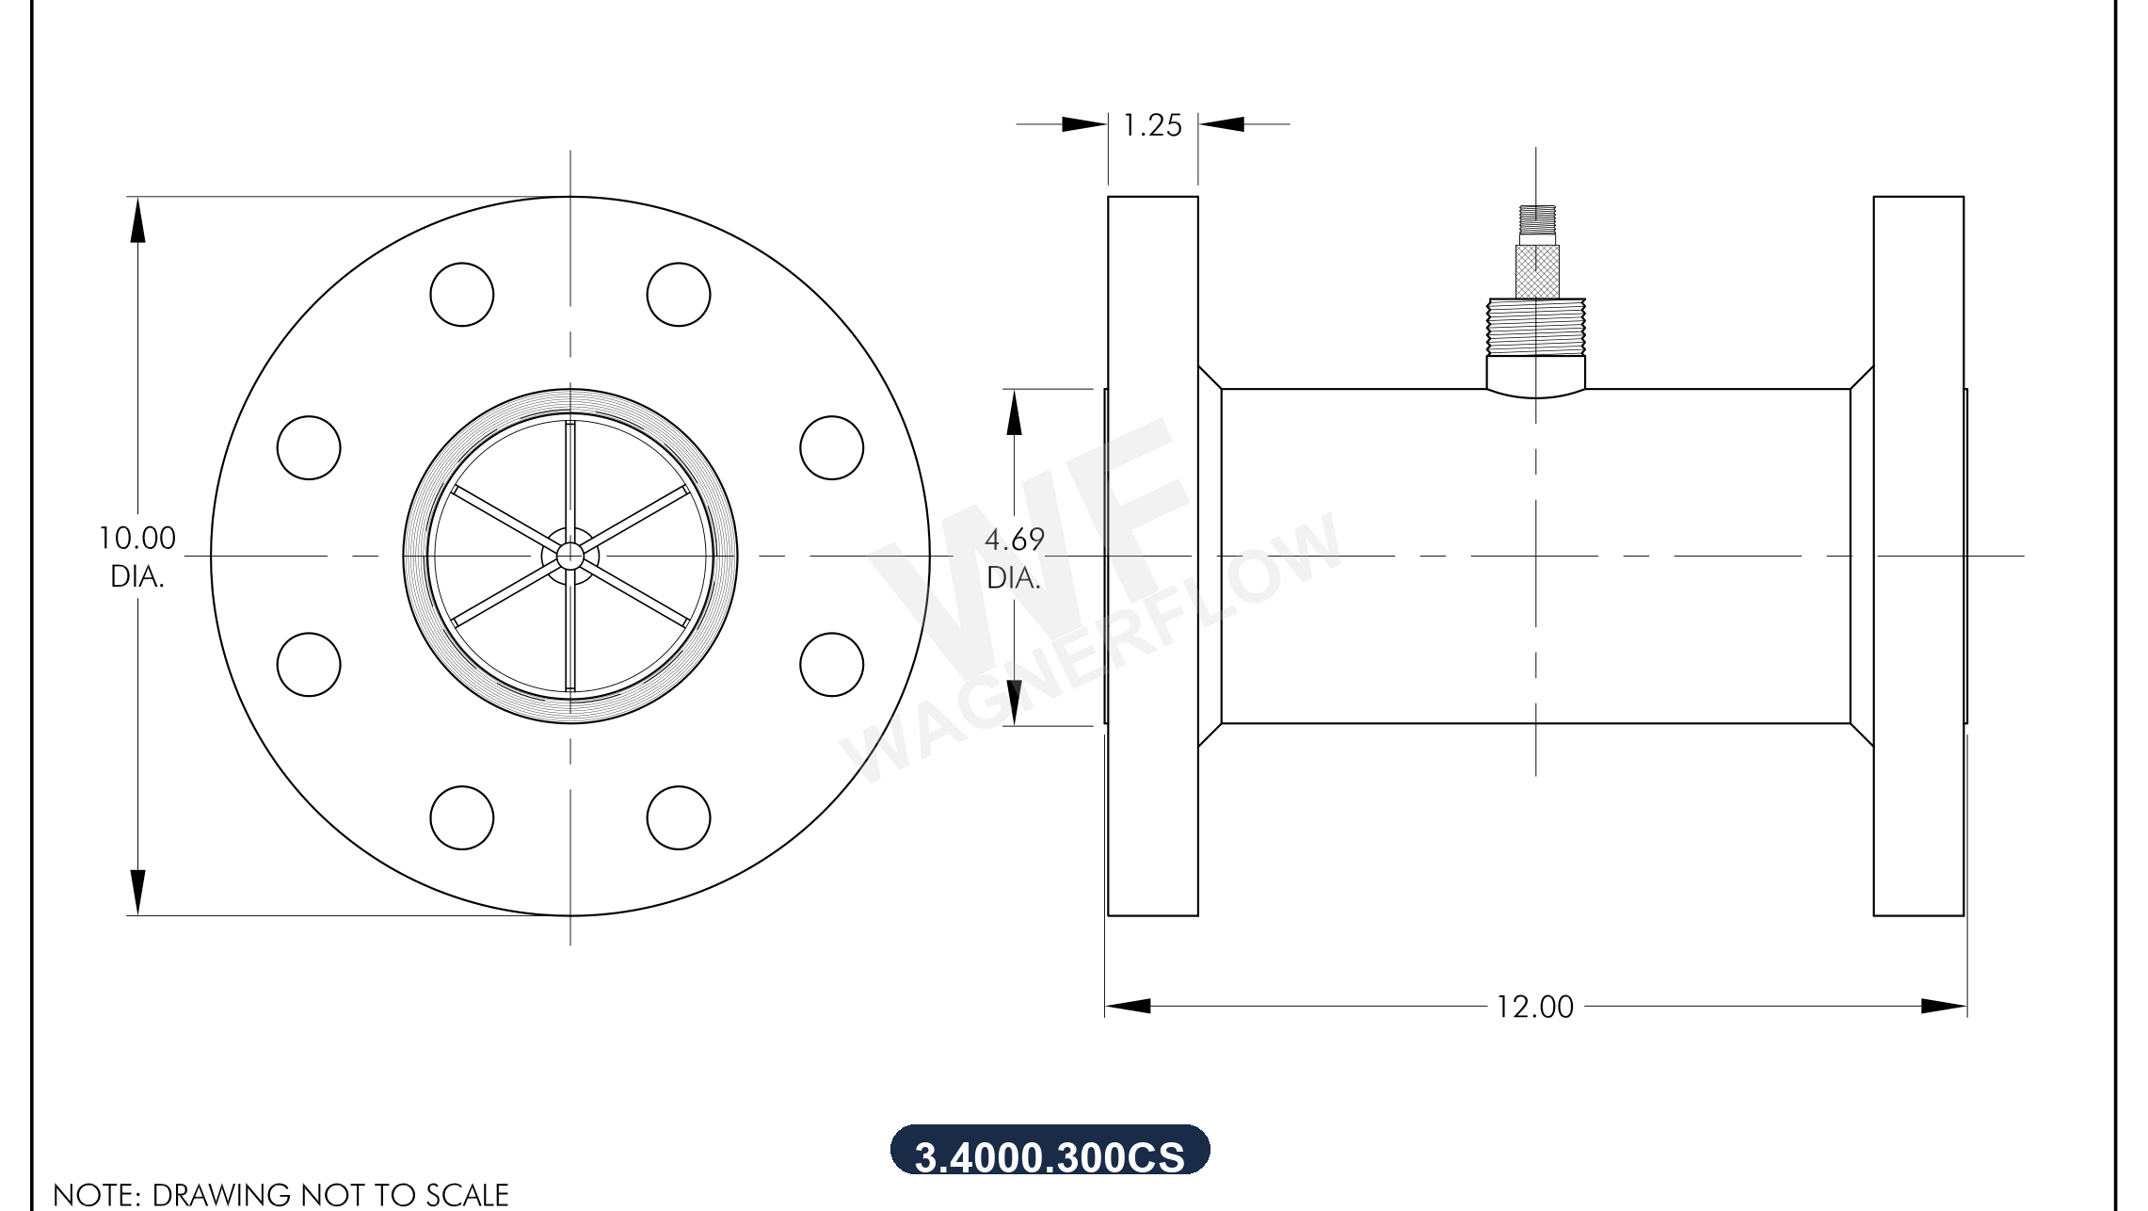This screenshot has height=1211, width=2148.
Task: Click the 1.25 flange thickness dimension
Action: pyautogui.click(x=1152, y=125)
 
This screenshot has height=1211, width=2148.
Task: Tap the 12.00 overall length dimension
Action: pyautogui.click(x=1534, y=1007)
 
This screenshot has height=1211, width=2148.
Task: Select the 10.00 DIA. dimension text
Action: pyautogui.click(x=137, y=557)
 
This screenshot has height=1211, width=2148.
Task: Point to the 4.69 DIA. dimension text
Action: pyautogui.click(x=1014, y=557)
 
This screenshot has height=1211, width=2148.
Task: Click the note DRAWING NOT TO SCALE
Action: pyautogui.click(x=281, y=1194)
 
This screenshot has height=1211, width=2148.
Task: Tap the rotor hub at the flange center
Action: pyautogui.click(x=569, y=557)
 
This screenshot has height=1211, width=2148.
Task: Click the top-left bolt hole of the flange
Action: pyautogui.click(x=461, y=295)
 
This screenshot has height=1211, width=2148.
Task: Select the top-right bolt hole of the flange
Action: pyautogui.click(x=678, y=295)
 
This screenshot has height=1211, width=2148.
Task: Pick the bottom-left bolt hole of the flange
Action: pyautogui.click(x=461, y=817)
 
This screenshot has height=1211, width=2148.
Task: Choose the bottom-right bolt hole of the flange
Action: pyautogui.click(x=678, y=817)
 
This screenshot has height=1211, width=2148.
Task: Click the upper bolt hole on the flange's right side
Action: pyautogui.click(x=831, y=447)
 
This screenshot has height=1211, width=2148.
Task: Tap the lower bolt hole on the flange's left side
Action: pyautogui.click(x=309, y=664)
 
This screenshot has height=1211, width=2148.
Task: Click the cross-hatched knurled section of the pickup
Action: pyautogui.click(x=1536, y=271)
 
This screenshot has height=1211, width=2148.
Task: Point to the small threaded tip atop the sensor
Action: pyautogui.click(x=1536, y=219)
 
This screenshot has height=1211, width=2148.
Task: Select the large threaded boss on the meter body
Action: pyautogui.click(x=1535, y=326)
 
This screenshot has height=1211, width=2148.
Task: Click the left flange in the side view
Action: pyautogui.click(x=1152, y=556)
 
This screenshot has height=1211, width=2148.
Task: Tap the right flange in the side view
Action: pyautogui.click(x=1917, y=556)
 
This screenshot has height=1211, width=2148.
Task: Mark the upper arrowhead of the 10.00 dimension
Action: pyautogui.click(x=137, y=220)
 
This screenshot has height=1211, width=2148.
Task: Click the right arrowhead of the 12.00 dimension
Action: pyautogui.click(x=1943, y=1006)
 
